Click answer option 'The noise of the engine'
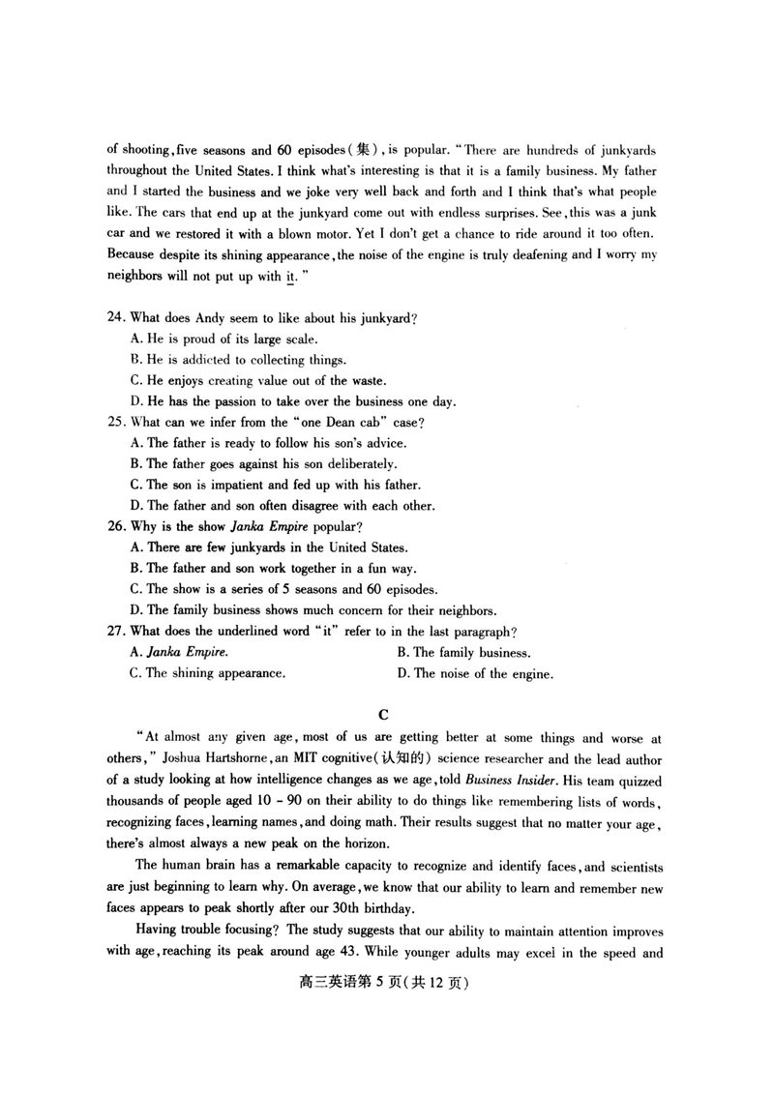point(475,674)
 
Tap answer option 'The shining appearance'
point(207,673)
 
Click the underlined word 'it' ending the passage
point(290,277)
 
